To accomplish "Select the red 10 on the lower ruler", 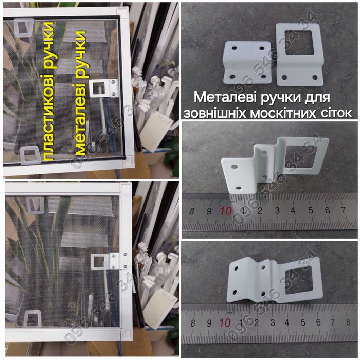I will [225, 322].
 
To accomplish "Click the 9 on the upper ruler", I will [209, 211].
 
